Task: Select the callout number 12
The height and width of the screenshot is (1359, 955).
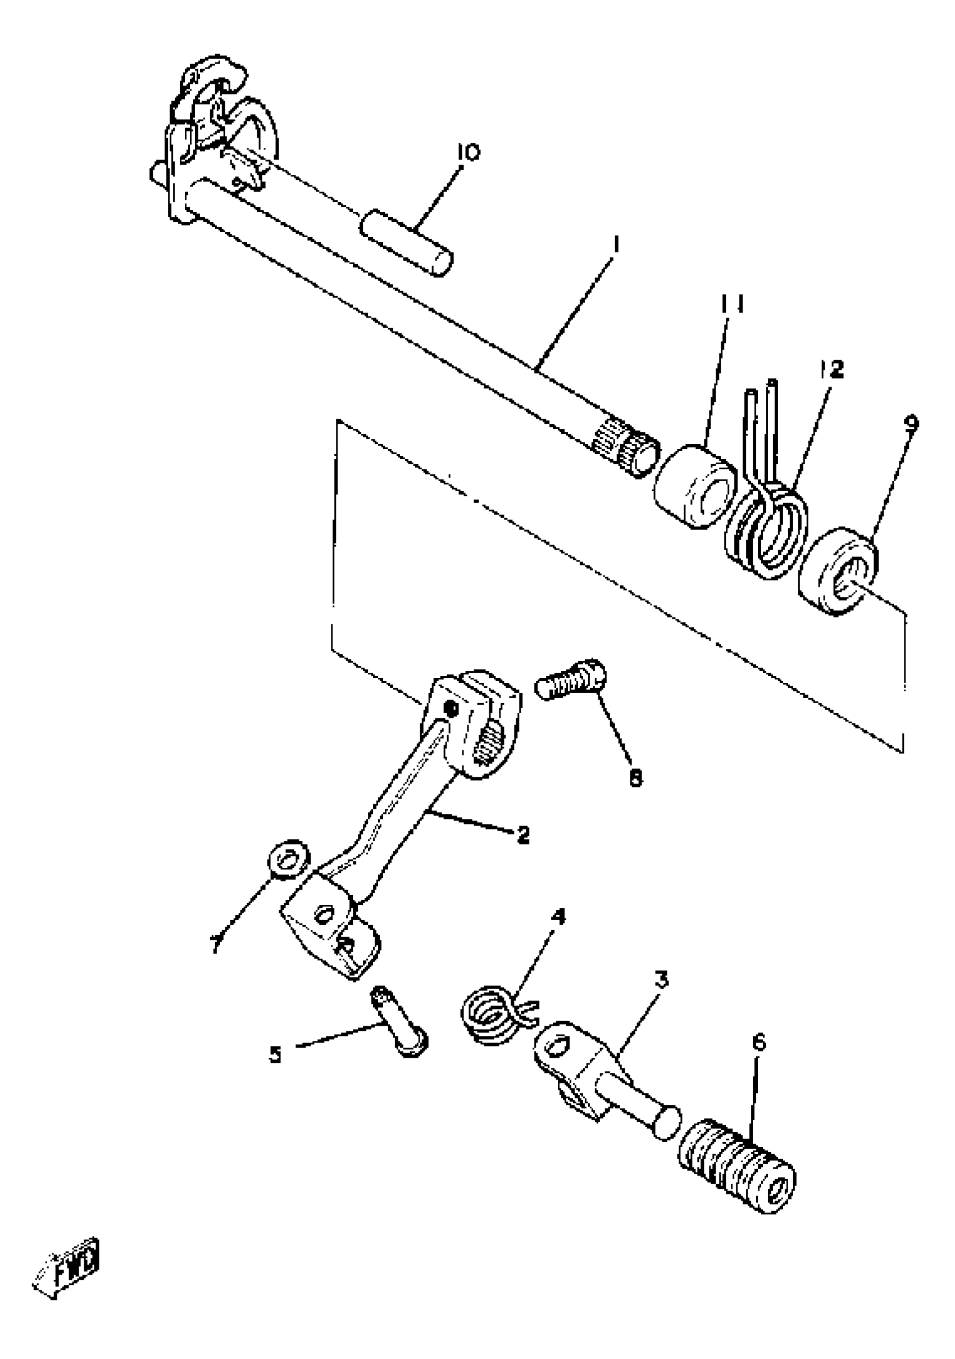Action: (832, 370)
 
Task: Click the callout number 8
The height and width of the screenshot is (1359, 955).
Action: (635, 778)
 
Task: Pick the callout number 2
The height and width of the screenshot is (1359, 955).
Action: (522, 835)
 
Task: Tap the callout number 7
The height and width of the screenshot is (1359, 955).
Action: (217, 943)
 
